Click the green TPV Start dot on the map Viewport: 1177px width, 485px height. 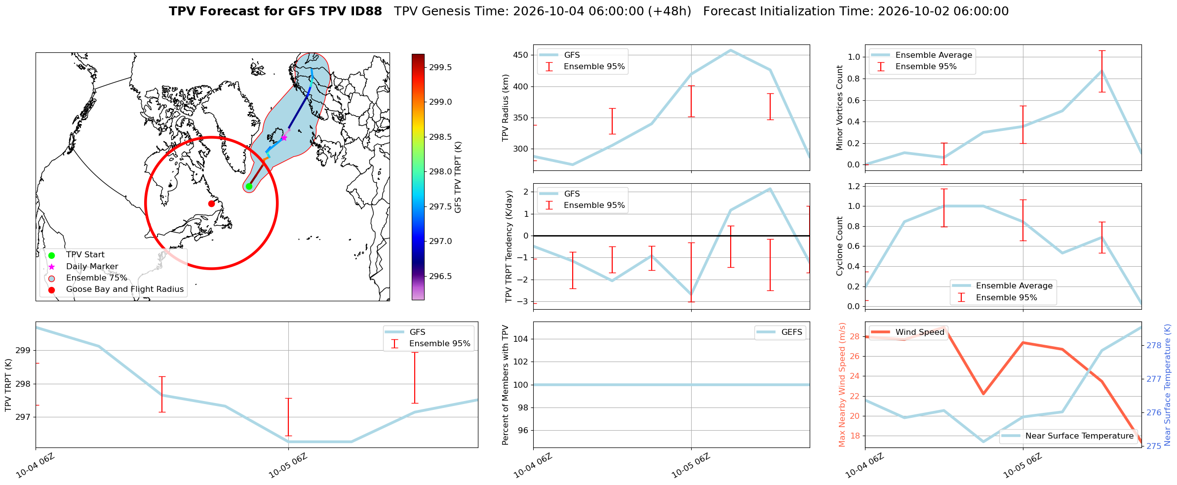click(249, 186)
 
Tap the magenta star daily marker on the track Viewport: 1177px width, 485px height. click(284, 138)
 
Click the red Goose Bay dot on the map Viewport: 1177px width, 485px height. click(211, 203)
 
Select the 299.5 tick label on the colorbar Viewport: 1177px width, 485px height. click(440, 68)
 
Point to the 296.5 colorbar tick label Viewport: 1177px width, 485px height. click(440, 276)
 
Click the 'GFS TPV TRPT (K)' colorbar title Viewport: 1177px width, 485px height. click(458, 177)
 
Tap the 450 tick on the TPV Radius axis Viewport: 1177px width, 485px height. click(521, 55)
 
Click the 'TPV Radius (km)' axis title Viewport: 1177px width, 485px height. click(505, 108)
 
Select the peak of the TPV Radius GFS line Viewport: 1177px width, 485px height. click(730, 50)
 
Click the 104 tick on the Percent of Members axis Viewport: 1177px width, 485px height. click(521, 339)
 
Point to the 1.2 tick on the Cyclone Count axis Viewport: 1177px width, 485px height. click(854, 186)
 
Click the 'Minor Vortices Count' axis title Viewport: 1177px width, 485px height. click(839, 108)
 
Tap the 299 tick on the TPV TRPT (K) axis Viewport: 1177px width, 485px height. click(24, 351)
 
